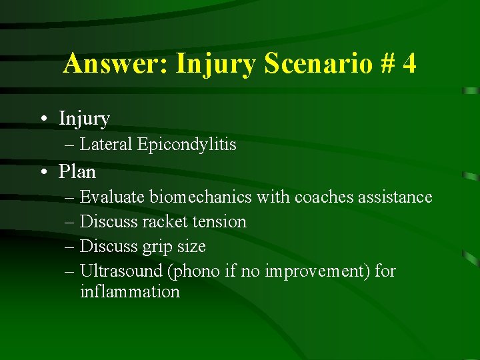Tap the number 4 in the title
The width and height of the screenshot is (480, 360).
[x=409, y=64]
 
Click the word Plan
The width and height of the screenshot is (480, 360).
[x=77, y=172]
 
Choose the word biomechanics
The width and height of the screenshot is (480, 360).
[x=201, y=197]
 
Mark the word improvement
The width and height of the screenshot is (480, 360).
[x=313, y=271]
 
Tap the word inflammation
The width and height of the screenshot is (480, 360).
[x=129, y=292]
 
